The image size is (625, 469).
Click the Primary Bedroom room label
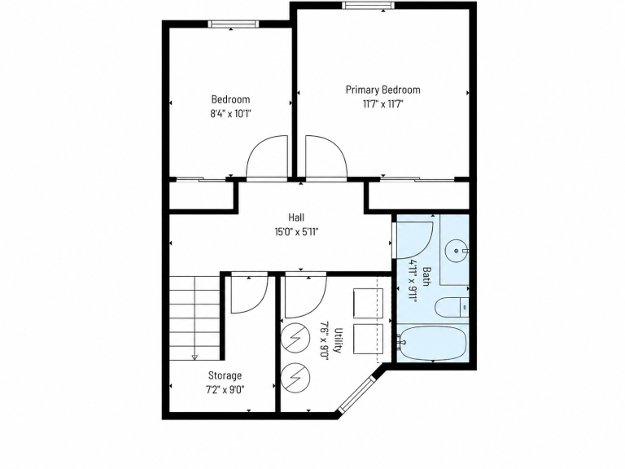[x=382, y=90]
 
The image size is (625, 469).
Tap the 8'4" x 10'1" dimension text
[x=231, y=114]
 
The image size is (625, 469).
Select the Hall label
[x=296, y=217]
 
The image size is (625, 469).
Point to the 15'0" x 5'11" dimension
[x=296, y=232]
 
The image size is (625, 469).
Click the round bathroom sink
[x=457, y=251]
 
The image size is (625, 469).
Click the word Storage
[x=225, y=375]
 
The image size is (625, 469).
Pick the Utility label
[x=338, y=340]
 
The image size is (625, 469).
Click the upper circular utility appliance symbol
[x=295, y=338]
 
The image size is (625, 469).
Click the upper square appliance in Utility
[x=368, y=303]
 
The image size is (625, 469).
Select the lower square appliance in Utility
[x=368, y=339]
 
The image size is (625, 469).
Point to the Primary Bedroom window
[x=368, y=5]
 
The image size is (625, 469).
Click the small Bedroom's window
[x=234, y=24]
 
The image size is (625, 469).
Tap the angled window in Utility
[x=357, y=394]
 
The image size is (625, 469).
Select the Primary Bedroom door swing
[x=326, y=156]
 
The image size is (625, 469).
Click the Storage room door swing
[x=250, y=294]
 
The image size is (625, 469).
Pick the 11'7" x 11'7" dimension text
[x=382, y=104]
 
